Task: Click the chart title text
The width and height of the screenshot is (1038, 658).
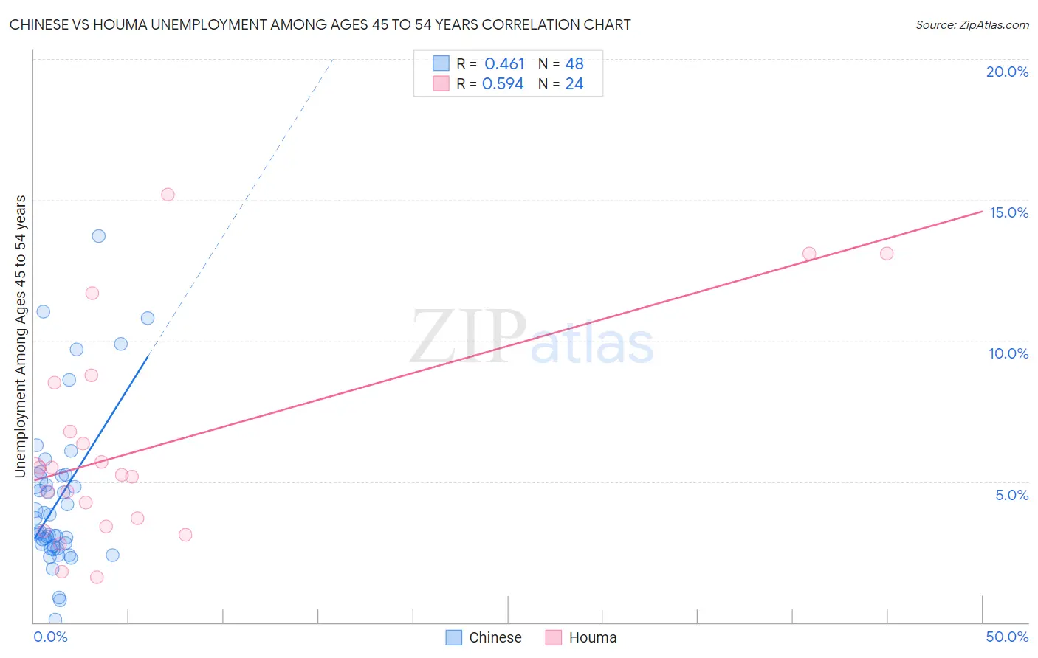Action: click(320, 24)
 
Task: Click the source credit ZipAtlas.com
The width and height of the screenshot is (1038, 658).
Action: click(972, 24)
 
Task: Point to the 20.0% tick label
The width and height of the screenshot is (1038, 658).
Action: click(1007, 72)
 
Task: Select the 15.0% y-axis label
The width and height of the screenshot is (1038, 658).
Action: click(1008, 212)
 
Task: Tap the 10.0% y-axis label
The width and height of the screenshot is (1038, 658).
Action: click(1008, 353)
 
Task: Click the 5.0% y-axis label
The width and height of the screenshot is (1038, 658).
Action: click(1011, 495)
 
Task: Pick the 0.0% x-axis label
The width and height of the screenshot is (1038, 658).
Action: click(51, 637)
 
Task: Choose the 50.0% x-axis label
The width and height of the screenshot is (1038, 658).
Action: click(1007, 637)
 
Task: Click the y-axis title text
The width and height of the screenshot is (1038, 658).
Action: click(21, 336)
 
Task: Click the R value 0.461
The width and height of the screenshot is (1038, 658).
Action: click(504, 64)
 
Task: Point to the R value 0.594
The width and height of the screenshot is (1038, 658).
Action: click(503, 84)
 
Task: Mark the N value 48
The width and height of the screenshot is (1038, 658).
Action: click(574, 64)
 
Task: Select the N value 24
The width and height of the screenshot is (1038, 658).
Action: click(574, 84)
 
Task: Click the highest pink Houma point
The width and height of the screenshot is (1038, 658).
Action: click(168, 195)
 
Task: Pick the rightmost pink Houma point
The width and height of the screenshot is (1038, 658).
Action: click(887, 254)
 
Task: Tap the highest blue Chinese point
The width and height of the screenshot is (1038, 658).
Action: click(98, 236)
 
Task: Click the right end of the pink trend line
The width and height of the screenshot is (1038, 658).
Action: click(982, 212)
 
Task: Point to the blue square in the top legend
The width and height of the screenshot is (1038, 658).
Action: click(441, 63)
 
